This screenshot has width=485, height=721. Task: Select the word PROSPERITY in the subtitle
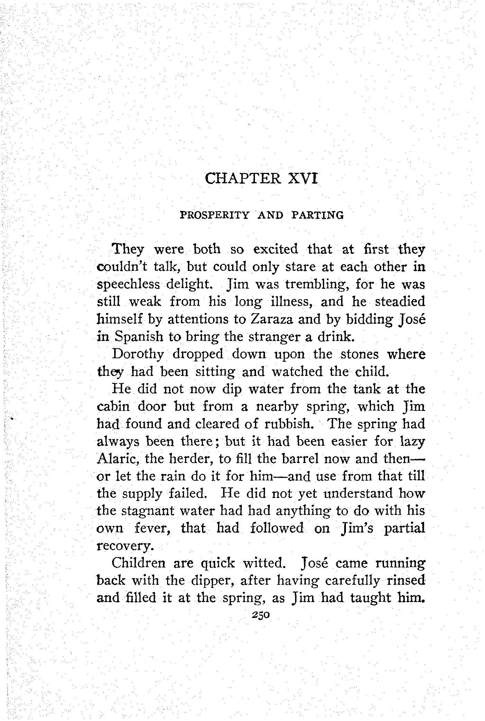point(214,215)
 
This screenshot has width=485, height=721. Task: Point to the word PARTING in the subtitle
point(318,215)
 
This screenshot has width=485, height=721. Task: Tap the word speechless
point(128,284)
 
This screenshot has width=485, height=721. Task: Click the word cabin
point(113,406)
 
